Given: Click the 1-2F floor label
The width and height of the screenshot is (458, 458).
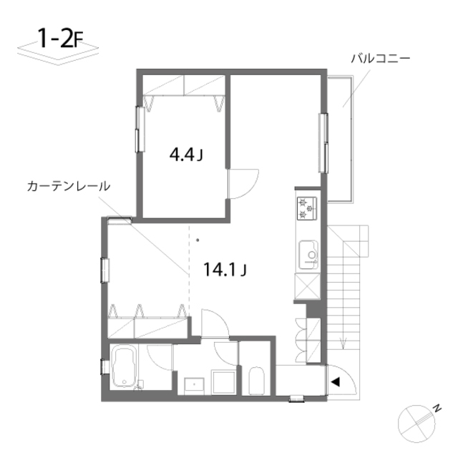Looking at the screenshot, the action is tap(61, 39).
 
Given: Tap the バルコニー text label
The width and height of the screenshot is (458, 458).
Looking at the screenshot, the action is tap(380, 59).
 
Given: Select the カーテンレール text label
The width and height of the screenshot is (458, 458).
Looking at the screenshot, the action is tap(69, 186).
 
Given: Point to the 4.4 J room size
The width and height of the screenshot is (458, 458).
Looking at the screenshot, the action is tap(186, 155).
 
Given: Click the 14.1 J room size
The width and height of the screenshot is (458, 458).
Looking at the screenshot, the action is tap(225, 269).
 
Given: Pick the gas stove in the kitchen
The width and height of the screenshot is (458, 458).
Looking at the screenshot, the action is tap(307, 208).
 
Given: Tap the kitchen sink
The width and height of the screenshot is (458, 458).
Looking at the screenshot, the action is tap(308, 255).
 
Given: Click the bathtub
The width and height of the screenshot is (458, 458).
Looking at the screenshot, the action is tap(124, 366).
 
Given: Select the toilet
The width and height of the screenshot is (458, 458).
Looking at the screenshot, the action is tap(256, 381).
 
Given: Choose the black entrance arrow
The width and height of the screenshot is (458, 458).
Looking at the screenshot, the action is tap(336, 381).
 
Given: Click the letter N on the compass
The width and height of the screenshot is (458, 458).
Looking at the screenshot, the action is tap(437, 408).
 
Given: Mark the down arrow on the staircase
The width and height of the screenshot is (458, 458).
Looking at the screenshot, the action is tap(343, 343).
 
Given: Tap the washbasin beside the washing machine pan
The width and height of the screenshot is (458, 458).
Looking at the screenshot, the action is tap(194, 386).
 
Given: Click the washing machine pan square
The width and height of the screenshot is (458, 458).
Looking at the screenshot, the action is tap(224, 382).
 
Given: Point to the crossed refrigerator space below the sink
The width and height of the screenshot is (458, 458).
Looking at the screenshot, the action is tap(307, 286).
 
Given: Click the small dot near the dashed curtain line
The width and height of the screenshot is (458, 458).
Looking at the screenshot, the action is tap(198, 240).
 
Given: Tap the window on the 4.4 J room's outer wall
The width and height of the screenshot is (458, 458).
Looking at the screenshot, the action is tap(140, 129).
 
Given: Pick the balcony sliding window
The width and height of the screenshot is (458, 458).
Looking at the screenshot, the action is tap(323, 143).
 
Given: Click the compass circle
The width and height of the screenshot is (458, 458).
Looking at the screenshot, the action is tap(416, 424).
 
